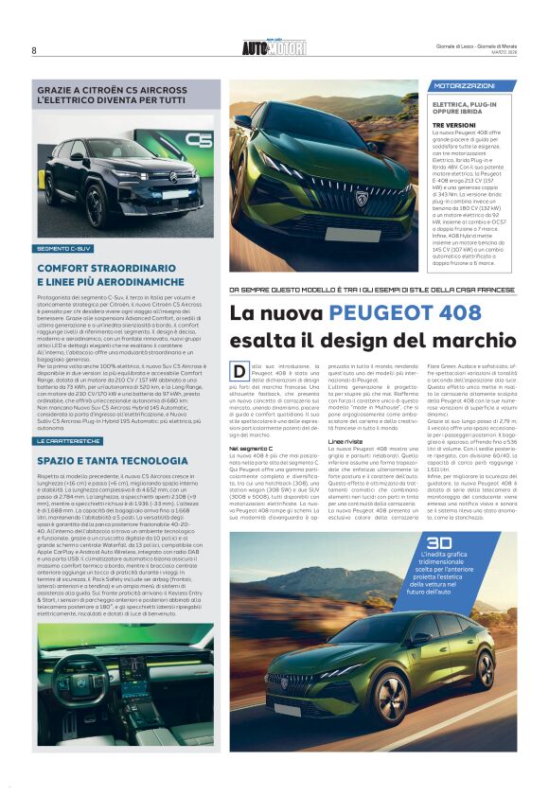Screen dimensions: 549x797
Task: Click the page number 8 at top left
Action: click(34, 50)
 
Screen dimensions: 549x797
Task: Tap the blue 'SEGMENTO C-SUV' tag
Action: click(64, 248)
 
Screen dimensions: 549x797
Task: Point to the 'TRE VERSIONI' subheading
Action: click(454, 124)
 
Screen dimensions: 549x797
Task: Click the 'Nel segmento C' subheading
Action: click(251, 446)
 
